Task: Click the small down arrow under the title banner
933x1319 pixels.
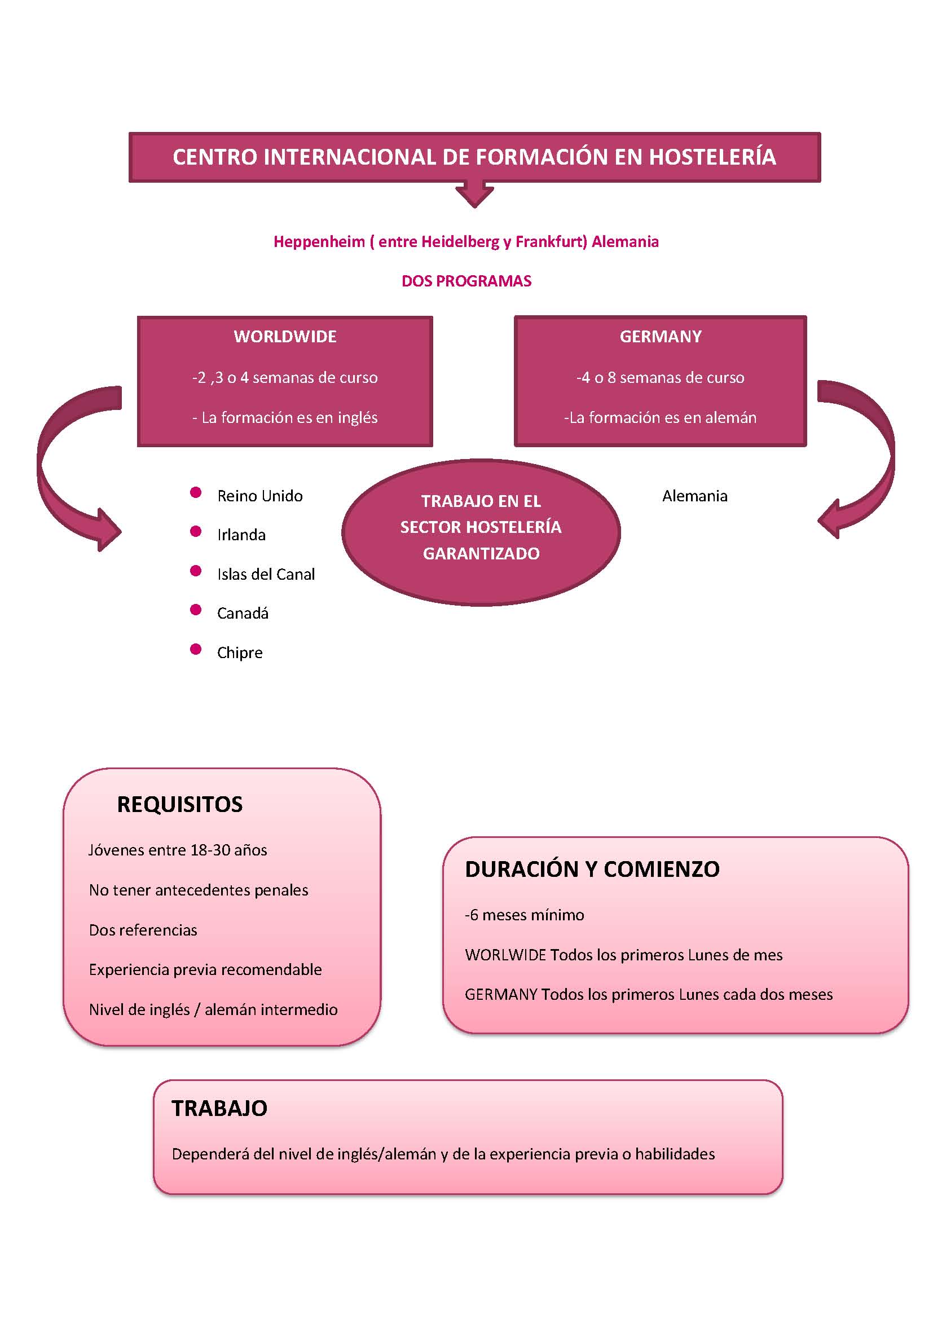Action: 474,194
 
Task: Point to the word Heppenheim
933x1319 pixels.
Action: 319,242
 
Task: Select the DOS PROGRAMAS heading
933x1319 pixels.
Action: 466,281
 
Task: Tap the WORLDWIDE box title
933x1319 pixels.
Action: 285,336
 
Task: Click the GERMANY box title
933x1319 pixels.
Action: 661,336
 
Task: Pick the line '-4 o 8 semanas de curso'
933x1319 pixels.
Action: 660,377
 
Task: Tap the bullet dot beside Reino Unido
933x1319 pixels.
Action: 195,492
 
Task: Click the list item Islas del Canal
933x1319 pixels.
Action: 266,574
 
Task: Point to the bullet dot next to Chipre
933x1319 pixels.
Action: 195,649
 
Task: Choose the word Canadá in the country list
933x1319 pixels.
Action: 243,613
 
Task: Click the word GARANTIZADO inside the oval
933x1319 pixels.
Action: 481,553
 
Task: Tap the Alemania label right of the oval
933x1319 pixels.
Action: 694,496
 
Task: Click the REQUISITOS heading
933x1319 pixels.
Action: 180,804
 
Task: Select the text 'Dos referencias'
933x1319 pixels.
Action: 143,930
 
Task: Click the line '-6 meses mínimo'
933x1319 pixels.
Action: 525,915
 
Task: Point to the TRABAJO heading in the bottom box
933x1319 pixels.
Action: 219,1108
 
